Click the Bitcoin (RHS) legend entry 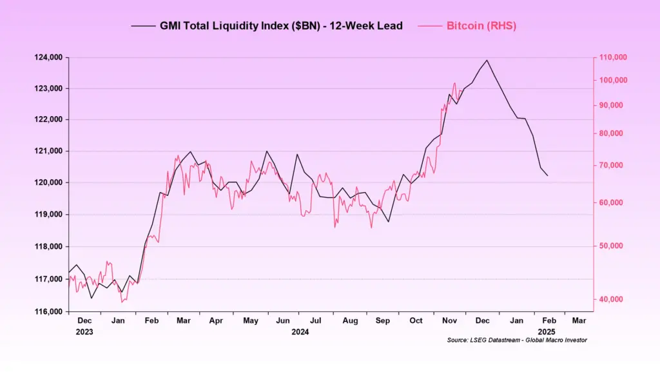pos(481,26)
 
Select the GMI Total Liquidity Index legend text pos(281,26)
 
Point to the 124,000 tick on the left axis pos(48,57)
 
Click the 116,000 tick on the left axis pos(48,311)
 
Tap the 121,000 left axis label pos(48,151)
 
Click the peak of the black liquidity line pos(487,60)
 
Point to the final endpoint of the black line pos(548,175)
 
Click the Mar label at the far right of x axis pos(579,320)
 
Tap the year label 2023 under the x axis pos(84,332)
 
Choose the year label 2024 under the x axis pos(300,332)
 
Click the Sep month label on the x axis pos(382,320)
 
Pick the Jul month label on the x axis pos(316,320)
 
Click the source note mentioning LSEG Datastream pos(517,340)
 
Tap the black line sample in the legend pos(143,26)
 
